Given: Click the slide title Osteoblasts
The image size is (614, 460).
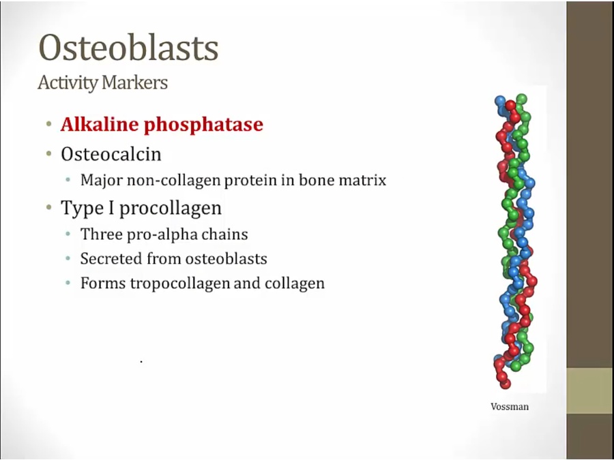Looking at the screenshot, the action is coord(128,47).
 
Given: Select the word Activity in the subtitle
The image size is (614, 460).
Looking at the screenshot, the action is coord(68,83).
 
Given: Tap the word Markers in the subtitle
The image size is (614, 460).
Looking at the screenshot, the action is coord(134,82).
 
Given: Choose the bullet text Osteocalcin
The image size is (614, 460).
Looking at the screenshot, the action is coord(111,154).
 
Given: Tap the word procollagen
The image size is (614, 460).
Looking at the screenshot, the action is coord(171,208).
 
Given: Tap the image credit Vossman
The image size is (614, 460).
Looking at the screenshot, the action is coord(510,407).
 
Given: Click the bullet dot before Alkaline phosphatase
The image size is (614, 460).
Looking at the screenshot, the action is coord(48,125).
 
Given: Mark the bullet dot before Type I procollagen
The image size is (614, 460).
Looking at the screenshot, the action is coord(48,207).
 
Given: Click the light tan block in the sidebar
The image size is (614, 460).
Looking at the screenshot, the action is coord(590,390).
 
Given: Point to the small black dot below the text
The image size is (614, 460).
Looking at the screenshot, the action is coord(141,362).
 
